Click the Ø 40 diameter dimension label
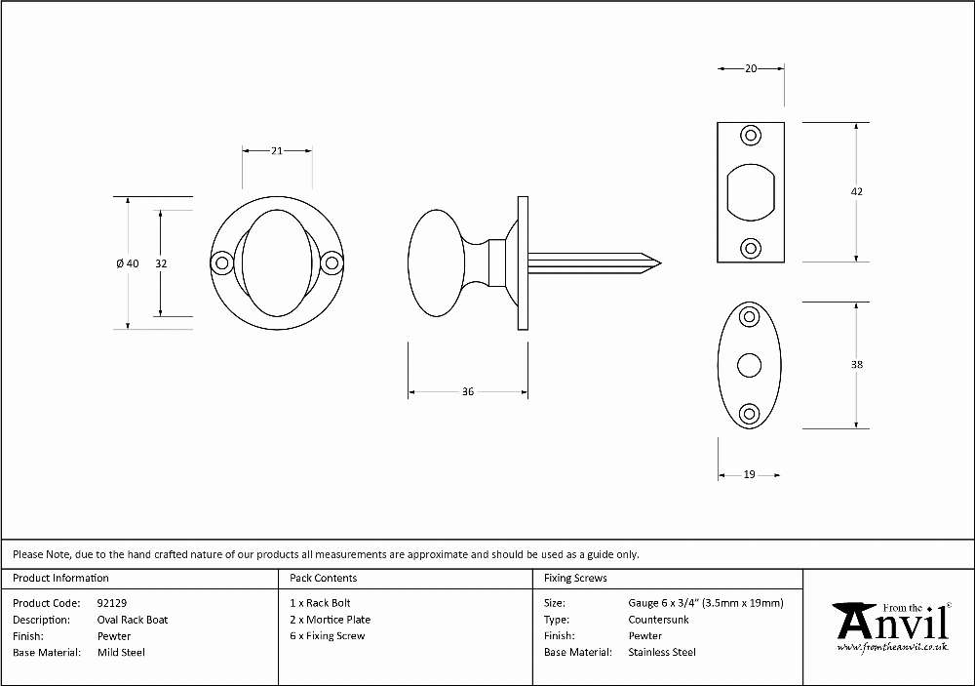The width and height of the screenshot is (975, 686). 128,263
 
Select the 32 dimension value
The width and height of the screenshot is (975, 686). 161,263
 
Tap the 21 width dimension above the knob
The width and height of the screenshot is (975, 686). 277,150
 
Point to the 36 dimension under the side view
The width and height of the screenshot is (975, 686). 468,391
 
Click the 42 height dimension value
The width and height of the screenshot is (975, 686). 857,191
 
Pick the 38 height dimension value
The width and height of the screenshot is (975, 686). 857,365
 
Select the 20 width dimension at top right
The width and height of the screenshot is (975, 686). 751,68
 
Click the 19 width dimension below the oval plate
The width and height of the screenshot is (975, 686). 749,474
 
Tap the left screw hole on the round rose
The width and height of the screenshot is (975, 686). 221,263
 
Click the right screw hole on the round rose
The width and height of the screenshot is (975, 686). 332,263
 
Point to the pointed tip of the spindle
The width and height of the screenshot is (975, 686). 661,263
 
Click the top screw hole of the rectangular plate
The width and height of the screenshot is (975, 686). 751,136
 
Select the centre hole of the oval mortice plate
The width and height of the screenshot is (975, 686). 749,365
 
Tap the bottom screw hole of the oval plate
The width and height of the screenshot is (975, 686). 749,414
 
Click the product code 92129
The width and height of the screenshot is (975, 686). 112,603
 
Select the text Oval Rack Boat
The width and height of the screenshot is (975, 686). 133,620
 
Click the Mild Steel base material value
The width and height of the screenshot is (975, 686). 121,653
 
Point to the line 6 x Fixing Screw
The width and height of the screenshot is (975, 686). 327,635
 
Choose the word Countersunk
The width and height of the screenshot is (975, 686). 658,620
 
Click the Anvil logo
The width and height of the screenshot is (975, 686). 892,626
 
